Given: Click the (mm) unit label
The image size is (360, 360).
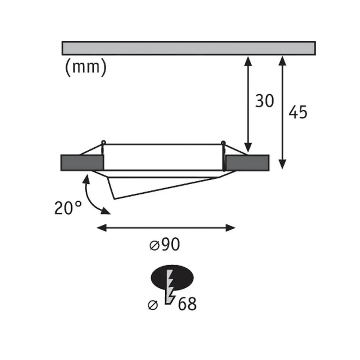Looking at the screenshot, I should click(86, 67).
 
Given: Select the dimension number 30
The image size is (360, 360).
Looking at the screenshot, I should click(265, 101).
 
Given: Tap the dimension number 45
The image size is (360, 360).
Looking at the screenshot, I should click(298, 113).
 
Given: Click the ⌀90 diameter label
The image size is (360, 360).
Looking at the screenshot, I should click(164, 245).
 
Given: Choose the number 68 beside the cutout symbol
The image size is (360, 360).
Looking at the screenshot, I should click(186, 304).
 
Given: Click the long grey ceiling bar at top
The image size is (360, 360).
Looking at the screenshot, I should click(189, 48).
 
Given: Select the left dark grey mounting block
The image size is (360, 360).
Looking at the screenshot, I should click(82, 162).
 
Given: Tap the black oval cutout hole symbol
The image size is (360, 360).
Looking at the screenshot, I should click(172, 278).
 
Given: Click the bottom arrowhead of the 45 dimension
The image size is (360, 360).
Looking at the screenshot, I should click(283, 165).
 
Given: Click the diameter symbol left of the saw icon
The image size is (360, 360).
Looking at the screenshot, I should click(153, 305).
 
